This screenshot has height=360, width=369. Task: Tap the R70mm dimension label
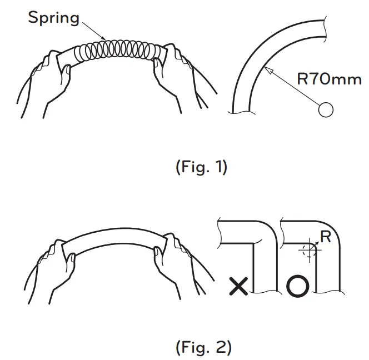point(328,79)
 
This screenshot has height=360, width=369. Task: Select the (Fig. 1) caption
point(202,167)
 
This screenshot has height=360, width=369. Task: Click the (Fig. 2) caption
point(203,348)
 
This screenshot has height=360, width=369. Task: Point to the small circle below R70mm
point(326,109)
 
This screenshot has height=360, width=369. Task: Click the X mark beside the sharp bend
point(238,287)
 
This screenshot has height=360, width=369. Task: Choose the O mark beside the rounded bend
point(297,287)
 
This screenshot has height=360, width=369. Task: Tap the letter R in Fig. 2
point(326,237)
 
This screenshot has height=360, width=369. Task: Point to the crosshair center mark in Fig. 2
point(306,251)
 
